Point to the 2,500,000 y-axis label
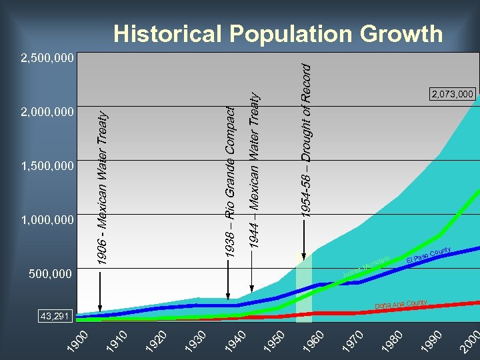tap(47, 59)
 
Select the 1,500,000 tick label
tap(47, 165)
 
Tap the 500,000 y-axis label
tap(51, 273)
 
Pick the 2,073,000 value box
tap(452, 94)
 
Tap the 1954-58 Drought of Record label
tap(305, 140)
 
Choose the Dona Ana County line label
tap(401, 301)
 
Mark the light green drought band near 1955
tap(304, 287)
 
